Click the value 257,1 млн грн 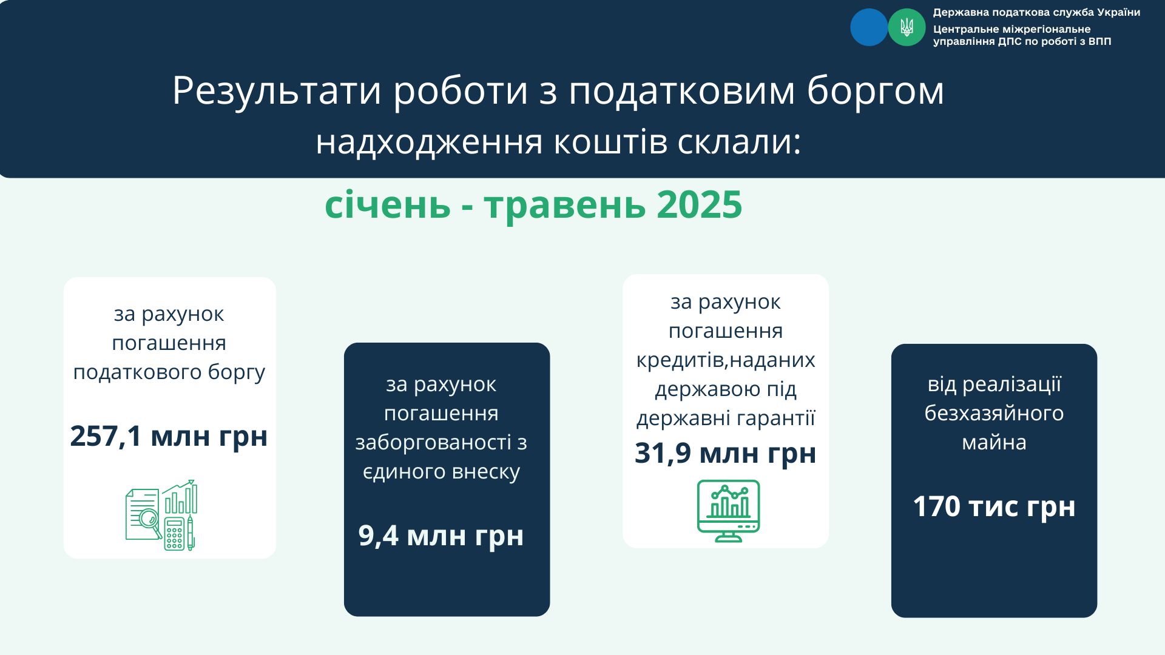coord(169,436)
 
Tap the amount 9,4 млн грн coord(441,536)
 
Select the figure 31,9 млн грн coord(726,454)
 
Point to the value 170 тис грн coord(994,506)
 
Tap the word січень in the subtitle coord(388,204)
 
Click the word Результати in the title coord(277,91)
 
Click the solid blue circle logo coord(869,27)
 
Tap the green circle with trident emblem coord(907,27)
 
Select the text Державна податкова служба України coord(1036,12)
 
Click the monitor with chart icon coord(728,511)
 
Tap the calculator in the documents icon coord(174,534)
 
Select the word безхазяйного coord(994,413)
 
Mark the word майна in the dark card coord(994,442)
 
